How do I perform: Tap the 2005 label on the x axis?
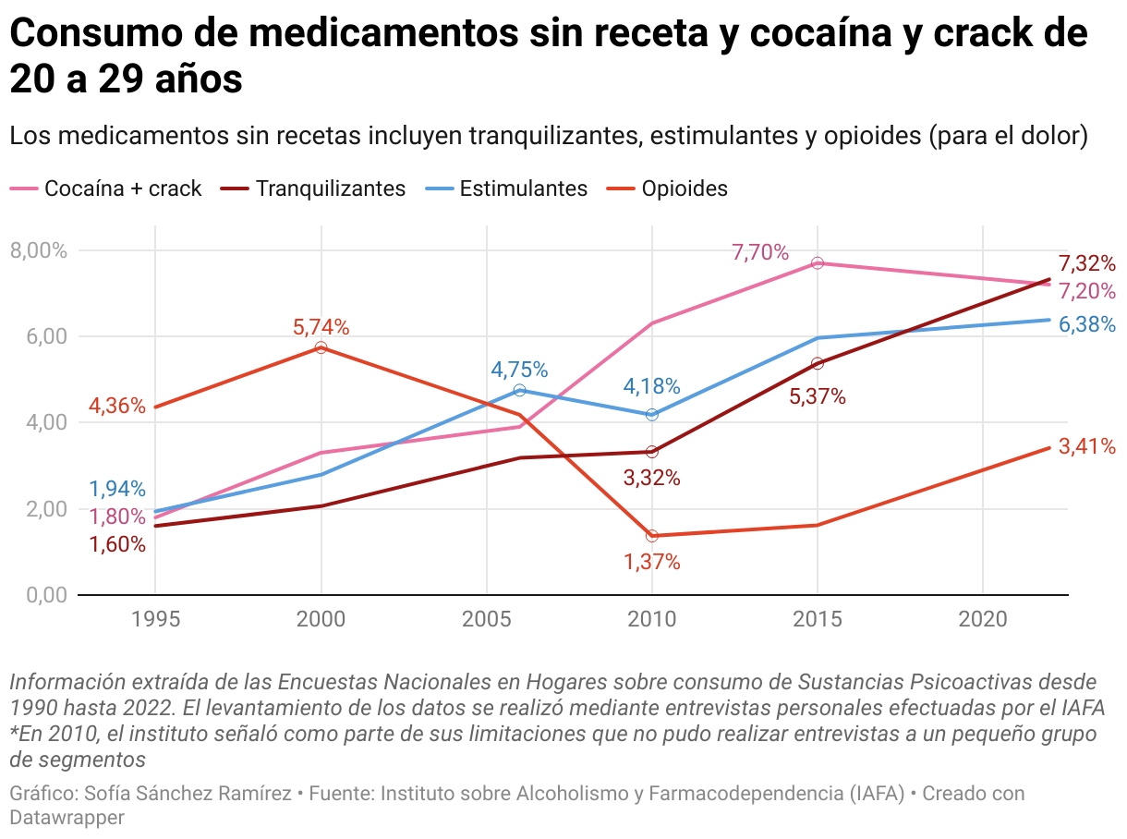pyautogui.click(x=486, y=618)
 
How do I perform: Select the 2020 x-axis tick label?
pyautogui.click(x=981, y=618)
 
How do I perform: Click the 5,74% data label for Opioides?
pyautogui.click(x=321, y=326)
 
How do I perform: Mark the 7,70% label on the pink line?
pyautogui.click(x=760, y=252)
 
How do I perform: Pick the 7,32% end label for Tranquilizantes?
pyautogui.click(x=1087, y=262)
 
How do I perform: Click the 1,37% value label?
pyautogui.click(x=652, y=562)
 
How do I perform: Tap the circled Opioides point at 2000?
pyautogui.click(x=321, y=347)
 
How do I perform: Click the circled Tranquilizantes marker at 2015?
pyautogui.click(x=817, y=363)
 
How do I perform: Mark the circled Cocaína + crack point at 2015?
pyautogui.click(x=817, y=263)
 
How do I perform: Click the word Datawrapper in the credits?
pyautogui.click(x=67, y=817)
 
